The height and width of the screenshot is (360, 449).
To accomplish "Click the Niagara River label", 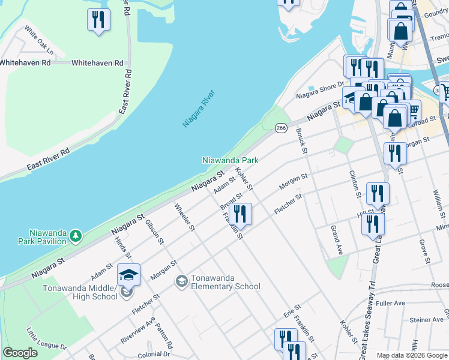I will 198,109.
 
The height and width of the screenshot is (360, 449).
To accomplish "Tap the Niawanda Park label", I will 230,161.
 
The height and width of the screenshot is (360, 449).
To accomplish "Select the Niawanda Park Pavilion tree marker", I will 76,236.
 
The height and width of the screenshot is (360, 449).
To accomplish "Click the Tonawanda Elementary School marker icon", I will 181,281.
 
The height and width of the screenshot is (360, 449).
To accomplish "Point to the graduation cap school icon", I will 128,275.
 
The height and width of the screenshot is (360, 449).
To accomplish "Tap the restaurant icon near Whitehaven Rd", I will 98,20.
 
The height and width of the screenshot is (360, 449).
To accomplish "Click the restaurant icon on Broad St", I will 240,213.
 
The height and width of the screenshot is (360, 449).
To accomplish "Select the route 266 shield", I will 281,128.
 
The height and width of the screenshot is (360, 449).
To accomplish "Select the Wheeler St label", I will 184,217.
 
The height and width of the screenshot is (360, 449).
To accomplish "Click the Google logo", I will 20,353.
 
